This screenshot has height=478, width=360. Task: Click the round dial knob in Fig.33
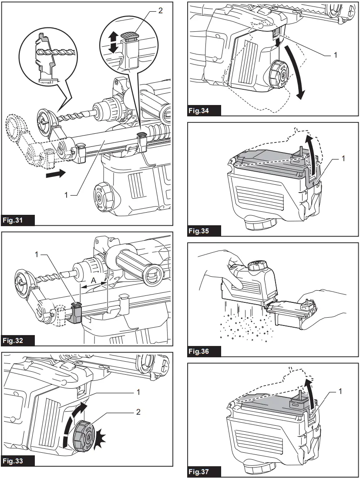84,436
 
